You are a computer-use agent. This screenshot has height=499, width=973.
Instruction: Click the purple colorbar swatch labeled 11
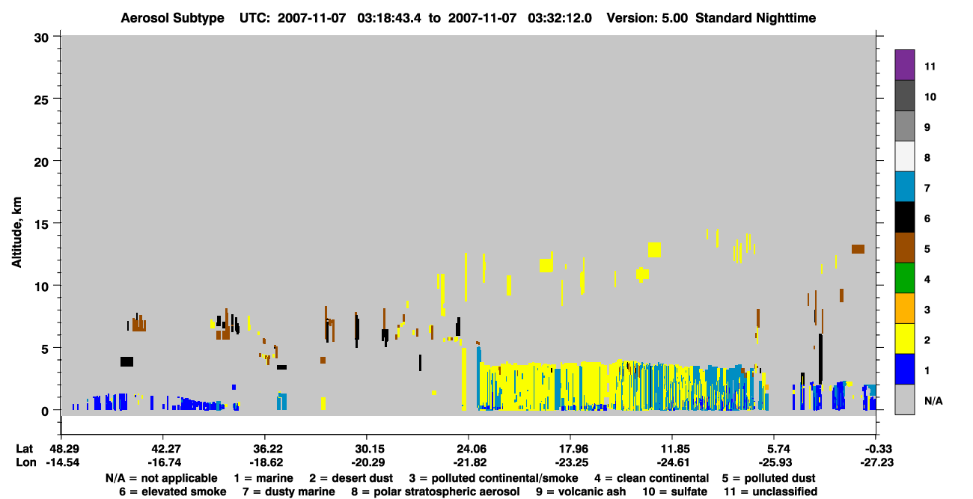(x=904, y=64)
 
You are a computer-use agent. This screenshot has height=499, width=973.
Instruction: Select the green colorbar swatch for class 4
(x=904, y=278)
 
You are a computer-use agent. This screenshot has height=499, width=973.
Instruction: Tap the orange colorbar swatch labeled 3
(x=904, y=308)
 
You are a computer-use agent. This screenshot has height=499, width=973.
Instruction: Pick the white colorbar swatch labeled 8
(x=904, y=156)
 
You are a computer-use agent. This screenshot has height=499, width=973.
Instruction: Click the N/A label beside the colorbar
(x=933, y=401)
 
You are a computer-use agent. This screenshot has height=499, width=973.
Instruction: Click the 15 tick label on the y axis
(x=41, y=224)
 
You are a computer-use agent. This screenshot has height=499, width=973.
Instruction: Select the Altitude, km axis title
(x=16, y=233)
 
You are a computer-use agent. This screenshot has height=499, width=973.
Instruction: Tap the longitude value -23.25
(x=570, y=462)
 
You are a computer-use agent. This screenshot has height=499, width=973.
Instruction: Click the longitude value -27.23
(x=876, y=462)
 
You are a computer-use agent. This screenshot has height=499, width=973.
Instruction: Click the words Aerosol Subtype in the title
(x=172, y=18)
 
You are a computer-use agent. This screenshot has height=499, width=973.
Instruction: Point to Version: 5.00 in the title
(x=647, y=18)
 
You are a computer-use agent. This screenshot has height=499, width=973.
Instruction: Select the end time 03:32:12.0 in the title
(x=560, y=18)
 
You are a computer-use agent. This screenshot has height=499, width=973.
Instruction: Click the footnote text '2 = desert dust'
(x=351, y=478)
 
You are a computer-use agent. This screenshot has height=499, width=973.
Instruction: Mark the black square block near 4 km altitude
(x=126, y=361)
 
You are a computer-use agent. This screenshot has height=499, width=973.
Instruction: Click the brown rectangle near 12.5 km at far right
(x=858, y=249)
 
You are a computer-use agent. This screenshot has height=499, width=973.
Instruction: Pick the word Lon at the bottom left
(x=26, y=462)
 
